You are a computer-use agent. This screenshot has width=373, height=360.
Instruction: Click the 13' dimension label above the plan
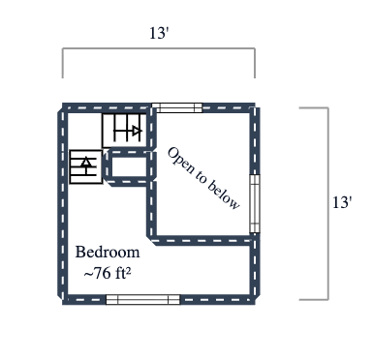159,33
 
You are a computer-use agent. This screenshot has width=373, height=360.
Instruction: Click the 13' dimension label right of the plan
341,203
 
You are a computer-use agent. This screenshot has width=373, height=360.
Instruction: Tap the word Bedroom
108,253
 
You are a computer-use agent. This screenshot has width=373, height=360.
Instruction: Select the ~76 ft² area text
108,273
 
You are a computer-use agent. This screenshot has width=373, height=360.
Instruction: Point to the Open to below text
203,178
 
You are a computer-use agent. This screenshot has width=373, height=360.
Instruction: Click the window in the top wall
177,107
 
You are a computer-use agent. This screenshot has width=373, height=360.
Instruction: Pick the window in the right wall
255,203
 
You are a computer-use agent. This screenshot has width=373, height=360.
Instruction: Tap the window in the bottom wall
142,300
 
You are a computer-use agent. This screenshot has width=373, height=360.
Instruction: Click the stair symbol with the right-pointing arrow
124,129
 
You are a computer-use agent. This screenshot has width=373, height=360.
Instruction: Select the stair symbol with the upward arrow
86,165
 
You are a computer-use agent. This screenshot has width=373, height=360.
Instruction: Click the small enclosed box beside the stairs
126,166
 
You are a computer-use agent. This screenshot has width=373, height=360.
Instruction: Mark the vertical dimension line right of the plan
326,203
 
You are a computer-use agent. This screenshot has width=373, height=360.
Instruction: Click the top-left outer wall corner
64,107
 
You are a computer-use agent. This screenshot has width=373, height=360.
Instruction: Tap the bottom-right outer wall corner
255,300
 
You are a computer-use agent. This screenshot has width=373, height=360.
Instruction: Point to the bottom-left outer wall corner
64,300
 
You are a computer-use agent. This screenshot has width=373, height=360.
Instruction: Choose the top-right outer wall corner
255,107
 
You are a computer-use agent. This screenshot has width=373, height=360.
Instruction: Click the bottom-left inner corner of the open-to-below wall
151,239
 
